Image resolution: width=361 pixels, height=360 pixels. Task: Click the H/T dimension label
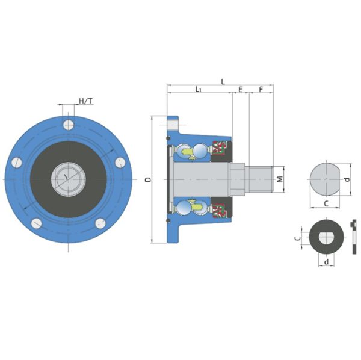click(x=86, y=101)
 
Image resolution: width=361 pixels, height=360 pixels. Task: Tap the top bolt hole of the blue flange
click(x=69, y=125)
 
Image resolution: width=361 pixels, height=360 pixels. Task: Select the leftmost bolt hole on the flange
click(x=18, y=163)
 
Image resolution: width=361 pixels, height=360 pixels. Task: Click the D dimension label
click(x=147, y=179)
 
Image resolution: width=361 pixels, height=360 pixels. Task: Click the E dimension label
click(x=241, y=89)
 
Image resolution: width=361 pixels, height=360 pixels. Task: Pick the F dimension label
click(x=261, y=89)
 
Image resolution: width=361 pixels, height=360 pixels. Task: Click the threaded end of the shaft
click(x=261, y=179)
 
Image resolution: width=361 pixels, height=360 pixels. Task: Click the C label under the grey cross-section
click(x=326, y=204)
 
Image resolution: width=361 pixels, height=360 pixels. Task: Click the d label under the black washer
click(x=326, y=262)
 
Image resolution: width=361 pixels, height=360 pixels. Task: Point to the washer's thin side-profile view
click(x=353, y=237)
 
